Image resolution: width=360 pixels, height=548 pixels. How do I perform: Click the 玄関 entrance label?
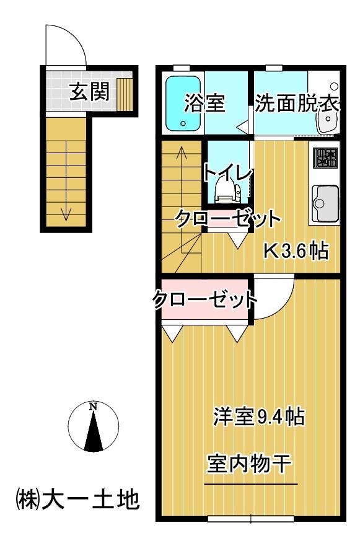89,92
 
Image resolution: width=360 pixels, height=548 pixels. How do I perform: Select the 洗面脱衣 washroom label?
297,104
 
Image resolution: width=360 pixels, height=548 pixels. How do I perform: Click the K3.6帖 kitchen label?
296,251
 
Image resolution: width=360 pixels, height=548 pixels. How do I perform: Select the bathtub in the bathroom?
183,103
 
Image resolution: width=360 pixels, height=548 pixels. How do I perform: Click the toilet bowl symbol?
225,188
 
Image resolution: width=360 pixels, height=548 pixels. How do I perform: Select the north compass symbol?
93,427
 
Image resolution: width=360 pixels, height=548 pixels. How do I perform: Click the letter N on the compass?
93,407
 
